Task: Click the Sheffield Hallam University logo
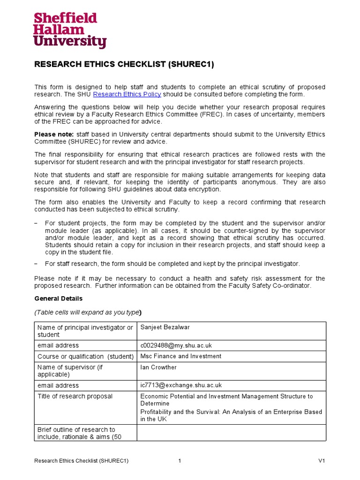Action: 70,30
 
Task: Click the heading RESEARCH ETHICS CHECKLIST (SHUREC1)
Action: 124,65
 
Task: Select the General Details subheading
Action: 59,299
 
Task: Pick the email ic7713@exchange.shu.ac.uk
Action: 181,385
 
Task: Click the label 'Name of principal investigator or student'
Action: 85,331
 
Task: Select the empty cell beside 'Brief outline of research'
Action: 232,433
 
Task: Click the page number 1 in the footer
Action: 180,461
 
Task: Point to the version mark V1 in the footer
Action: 322,461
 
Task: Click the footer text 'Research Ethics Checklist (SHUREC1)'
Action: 82,461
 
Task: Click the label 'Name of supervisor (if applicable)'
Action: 70,371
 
